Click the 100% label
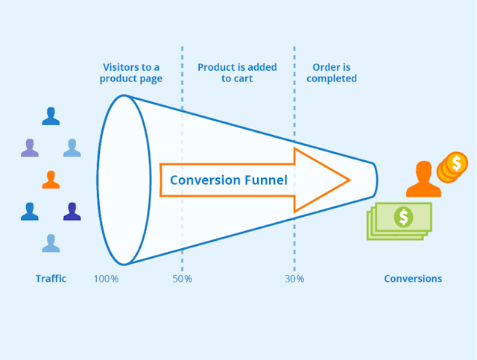107,279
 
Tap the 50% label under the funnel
182,279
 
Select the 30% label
294,279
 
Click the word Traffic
51,279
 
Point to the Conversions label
413,279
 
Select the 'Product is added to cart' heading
237,73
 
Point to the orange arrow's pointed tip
348,180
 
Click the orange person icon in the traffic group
51,180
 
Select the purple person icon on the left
29,148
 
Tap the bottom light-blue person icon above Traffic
51,243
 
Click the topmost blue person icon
51,116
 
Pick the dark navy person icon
72,212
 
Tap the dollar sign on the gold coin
456,162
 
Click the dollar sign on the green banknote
404,217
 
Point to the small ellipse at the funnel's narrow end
374,180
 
